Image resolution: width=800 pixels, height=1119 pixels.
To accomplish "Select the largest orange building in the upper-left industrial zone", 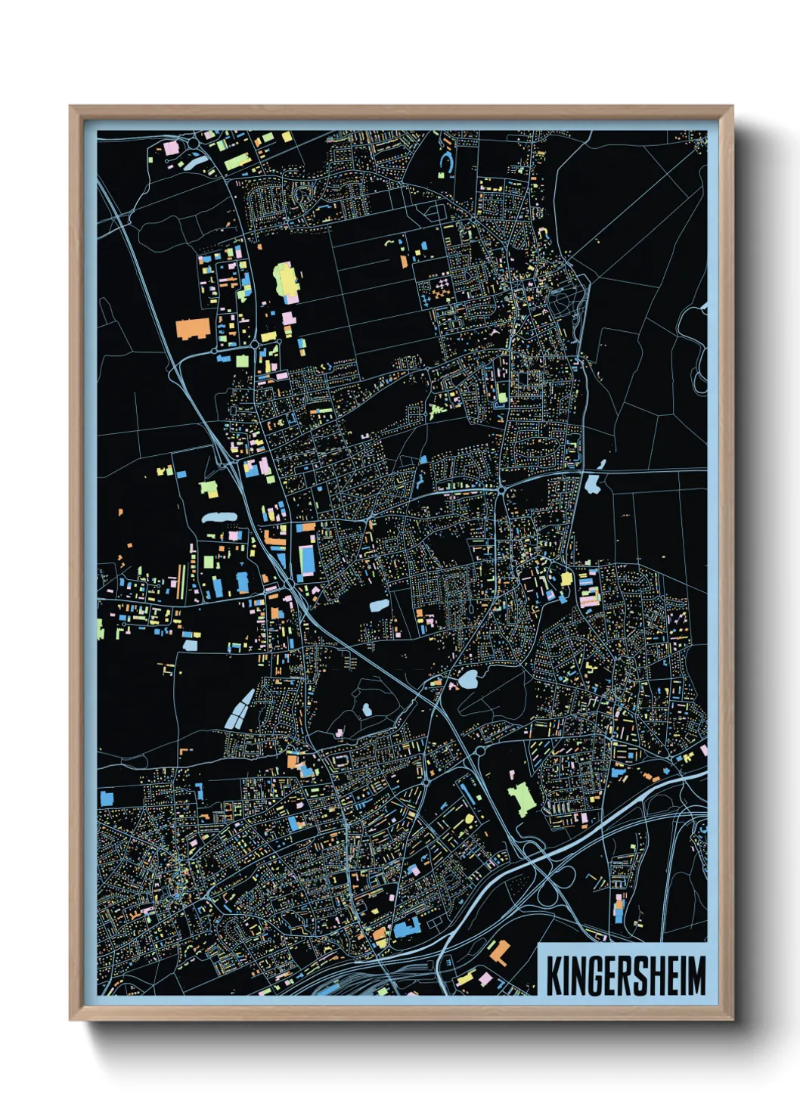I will [192, 329].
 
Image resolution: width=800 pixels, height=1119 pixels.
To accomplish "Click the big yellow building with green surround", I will [286, 281].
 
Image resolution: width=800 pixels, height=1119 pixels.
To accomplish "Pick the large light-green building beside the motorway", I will [520, 798].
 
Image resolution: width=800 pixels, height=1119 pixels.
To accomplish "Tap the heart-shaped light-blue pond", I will [467, 680].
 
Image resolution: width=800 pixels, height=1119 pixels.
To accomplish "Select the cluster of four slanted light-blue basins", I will [240, 709].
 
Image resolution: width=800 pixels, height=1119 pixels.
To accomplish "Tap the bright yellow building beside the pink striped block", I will [566, 578].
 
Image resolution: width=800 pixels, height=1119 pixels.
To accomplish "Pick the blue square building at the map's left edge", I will [106, 797].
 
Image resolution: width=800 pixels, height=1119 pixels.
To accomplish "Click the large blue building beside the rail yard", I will [405, 927].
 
